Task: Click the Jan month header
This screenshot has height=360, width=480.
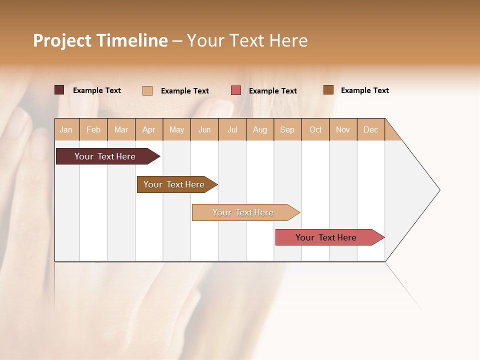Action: tap(66, 129)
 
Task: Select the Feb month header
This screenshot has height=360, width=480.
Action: tap(93, 129)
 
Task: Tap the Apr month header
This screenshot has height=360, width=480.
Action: tap(149, 129)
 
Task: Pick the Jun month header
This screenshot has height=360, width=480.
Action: tap(204, 129)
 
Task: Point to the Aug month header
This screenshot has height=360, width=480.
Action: tap(260, 129)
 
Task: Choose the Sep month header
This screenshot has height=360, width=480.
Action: tap(287, 129)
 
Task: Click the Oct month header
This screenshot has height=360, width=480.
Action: tap(315, 129)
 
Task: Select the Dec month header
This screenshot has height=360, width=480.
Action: tap(371, 129)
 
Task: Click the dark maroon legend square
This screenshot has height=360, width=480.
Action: tap(59, 90)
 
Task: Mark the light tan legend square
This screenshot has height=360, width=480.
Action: tap(147, 90)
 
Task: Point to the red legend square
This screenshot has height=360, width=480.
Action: tap(236, 90)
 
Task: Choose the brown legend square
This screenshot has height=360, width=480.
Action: tap(328, 90)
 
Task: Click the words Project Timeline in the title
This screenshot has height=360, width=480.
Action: tap(100, 40)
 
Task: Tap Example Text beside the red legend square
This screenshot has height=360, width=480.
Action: tap(273, 91)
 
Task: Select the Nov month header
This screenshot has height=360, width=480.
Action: tap(343, 129)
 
